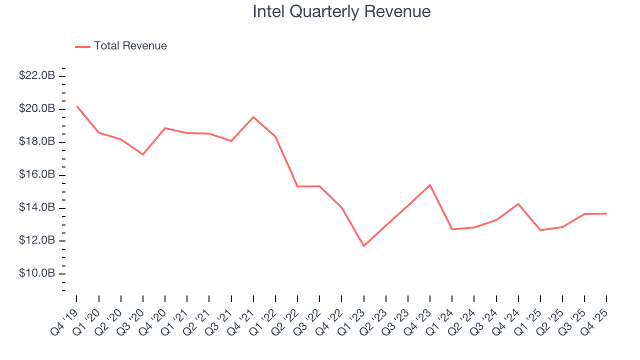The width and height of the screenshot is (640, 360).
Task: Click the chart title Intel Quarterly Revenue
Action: pos(341,11)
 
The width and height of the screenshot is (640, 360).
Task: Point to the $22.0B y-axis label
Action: pos(37,76)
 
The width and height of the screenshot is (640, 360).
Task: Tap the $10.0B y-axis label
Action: pos(37,273)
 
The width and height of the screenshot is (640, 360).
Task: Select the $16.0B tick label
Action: pos(37,175)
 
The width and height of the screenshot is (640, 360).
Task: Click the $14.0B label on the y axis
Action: pos(37,207)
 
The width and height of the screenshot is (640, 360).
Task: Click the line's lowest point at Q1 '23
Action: pos(363,246)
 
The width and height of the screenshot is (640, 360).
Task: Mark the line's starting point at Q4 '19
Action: pos(77,106)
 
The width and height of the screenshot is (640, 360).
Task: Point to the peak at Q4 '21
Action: pos(253,117)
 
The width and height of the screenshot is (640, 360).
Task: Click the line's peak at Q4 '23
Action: pos(430,185)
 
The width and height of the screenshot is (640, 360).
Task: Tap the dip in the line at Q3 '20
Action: pos(143,154)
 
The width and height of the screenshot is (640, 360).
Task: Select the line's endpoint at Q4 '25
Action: pos(606,213)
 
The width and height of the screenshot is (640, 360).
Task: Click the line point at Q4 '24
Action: pos(518,203)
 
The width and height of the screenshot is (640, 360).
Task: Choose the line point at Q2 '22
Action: pos(297,186)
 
